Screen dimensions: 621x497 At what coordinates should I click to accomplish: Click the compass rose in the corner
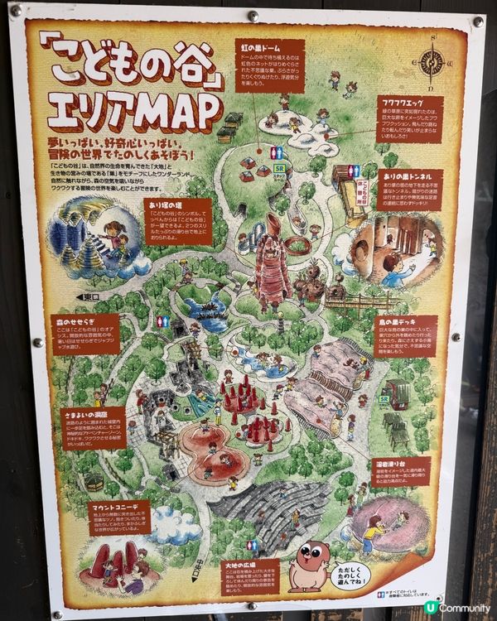point(433,63)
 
